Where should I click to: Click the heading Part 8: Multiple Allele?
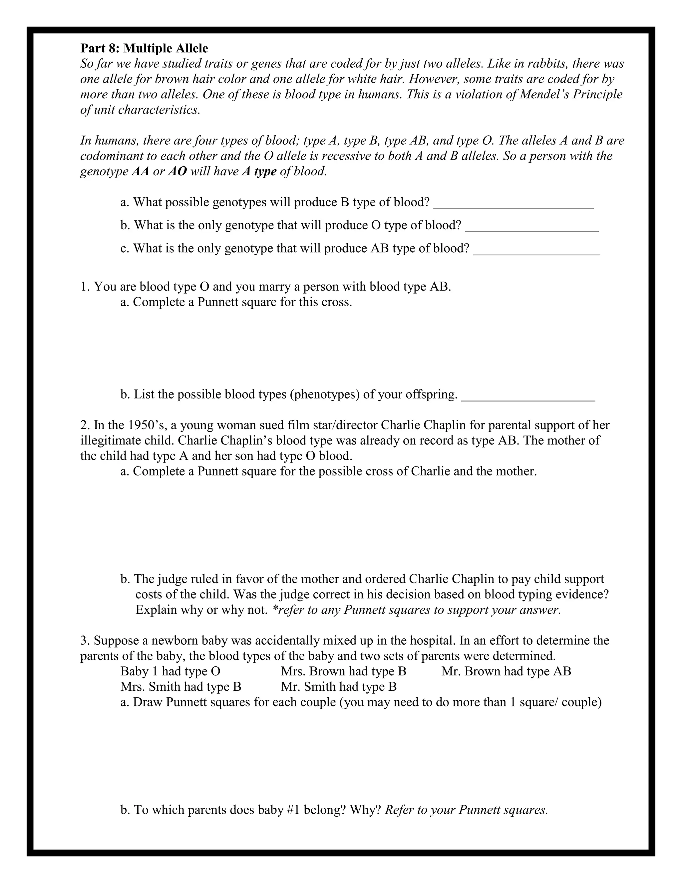pyautogui.click(x=144, y=49)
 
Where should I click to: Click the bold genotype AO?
pyautogui.click(x=177, y=171)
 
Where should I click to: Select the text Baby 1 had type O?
pyautogui.click(x=170, y=671)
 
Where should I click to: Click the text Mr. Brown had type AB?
pyautogui.click(x=506, y=671)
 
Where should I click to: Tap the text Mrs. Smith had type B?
pyautogui.click(x=180, y=687)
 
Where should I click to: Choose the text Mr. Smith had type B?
pyautogui.click(x=339, y=687)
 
